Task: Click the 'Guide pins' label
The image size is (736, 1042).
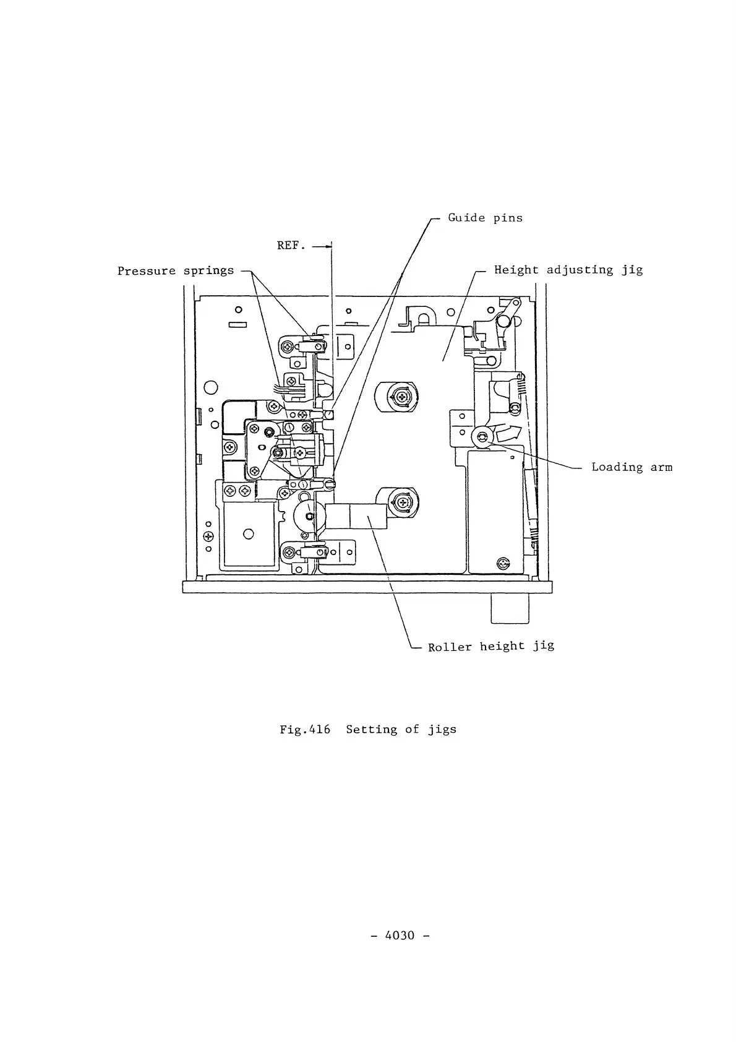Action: [x=485, y=218]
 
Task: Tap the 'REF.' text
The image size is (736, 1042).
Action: [x=291, y=246]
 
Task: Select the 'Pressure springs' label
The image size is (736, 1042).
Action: [x=176, y=271]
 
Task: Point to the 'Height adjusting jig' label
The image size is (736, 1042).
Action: [x=568, y=270]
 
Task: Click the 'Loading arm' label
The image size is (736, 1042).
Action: [x=631, y=467]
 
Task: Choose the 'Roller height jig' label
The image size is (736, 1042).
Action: [x=490, y=647]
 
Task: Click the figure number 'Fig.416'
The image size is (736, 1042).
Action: [x=304, y=730]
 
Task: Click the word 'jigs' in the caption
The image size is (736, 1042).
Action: [x=442, y=730]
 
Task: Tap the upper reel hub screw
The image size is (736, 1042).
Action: [x=401, y=396]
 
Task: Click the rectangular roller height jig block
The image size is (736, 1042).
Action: [x=356, y=516]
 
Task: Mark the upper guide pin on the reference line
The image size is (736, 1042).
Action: [x=330, y=415]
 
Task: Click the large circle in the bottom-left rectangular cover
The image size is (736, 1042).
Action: [x=249, y=533]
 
